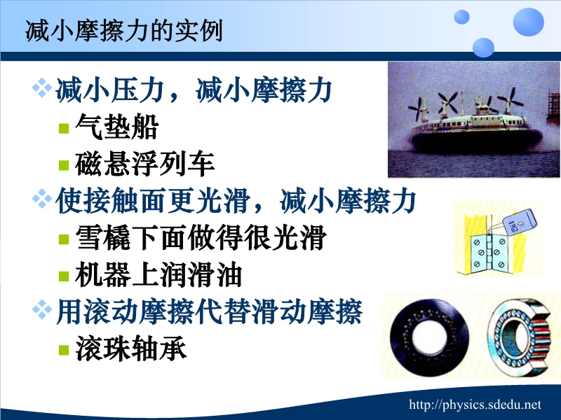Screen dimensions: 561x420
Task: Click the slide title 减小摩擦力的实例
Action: coord(124,31)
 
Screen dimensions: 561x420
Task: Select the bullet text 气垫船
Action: coord(117,127)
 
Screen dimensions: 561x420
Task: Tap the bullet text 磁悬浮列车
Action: coord(145,164)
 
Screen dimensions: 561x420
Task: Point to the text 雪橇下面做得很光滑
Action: coord(201,237)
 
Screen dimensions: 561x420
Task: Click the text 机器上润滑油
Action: coord(158,274)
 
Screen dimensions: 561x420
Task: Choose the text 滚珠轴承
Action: coord(131,348)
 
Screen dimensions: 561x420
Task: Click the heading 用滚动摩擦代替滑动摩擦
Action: coord(209,311)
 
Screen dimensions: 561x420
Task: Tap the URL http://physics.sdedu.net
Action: coord(475,405)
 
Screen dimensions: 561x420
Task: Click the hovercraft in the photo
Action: coord(477,129)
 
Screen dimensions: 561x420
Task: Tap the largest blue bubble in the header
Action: coord(529,22)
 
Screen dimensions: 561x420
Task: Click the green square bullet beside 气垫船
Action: coord(64,128)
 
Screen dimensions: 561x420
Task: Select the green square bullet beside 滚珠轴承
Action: coord(64,349)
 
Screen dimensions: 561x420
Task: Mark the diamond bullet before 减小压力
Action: coord(42,88)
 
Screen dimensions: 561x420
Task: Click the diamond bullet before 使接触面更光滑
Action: coord(42,198)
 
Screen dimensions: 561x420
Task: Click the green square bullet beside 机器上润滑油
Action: coord(64,276)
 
